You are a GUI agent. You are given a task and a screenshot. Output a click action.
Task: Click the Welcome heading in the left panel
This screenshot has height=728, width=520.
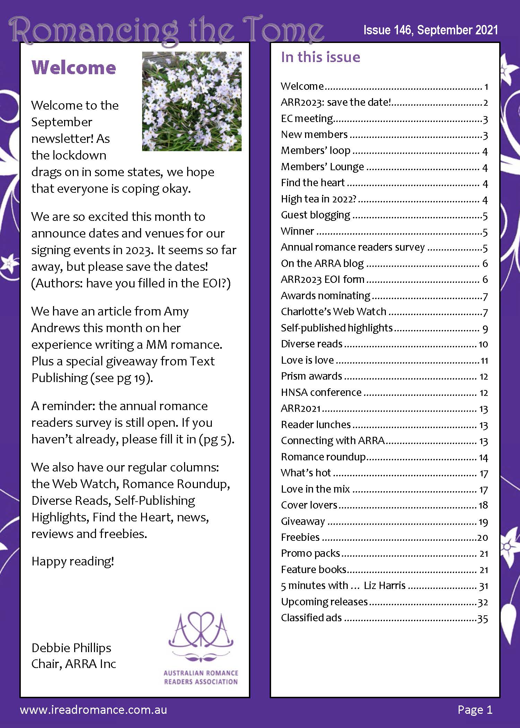tap(73, 67)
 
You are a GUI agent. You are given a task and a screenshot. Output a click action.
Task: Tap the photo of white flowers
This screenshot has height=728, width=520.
tap(192, 101)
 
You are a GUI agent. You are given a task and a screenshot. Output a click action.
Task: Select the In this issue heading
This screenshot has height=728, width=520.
tap(320, 57)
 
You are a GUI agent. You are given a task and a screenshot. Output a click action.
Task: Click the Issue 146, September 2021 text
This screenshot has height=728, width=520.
tap(431, 30)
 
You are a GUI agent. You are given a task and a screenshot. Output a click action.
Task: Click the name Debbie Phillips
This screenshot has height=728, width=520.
tap(71, 648)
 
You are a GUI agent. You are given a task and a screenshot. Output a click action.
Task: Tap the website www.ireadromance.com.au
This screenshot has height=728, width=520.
tap(94, 710)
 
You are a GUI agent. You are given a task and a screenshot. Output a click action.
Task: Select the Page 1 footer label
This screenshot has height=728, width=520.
tap(475, 710)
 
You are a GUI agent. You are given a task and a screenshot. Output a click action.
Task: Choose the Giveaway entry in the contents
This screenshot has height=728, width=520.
tap(303, 521)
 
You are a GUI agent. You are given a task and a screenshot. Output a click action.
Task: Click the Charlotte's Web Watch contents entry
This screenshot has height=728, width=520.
tap(333, 312)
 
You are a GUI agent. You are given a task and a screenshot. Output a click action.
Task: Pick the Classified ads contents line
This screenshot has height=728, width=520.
tap(311, 618)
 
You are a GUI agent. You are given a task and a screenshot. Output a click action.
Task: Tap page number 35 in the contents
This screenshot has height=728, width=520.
tap(483, 619)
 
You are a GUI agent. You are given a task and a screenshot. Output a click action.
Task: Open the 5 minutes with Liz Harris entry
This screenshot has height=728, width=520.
tap(343, 586)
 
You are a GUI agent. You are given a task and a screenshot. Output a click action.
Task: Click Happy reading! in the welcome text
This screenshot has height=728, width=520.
tap(73, 561)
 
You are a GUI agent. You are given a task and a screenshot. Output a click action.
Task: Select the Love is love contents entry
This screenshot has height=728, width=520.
tap(307, 360)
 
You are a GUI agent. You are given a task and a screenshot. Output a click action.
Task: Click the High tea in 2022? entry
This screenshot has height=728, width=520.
tap(319, 199)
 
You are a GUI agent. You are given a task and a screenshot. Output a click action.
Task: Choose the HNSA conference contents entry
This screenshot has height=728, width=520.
tap(321, 392)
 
